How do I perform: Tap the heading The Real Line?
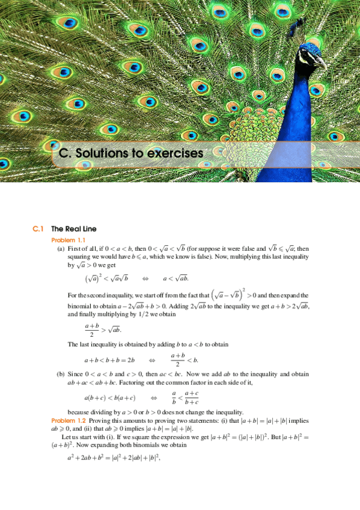pos(73,229)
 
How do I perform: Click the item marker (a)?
pos(61,248)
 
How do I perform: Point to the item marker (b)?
pos(61,374)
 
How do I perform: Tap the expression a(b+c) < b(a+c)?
pos(110,398)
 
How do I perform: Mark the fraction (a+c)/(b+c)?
pos(191,398)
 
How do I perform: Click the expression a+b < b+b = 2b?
pos(109,360)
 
